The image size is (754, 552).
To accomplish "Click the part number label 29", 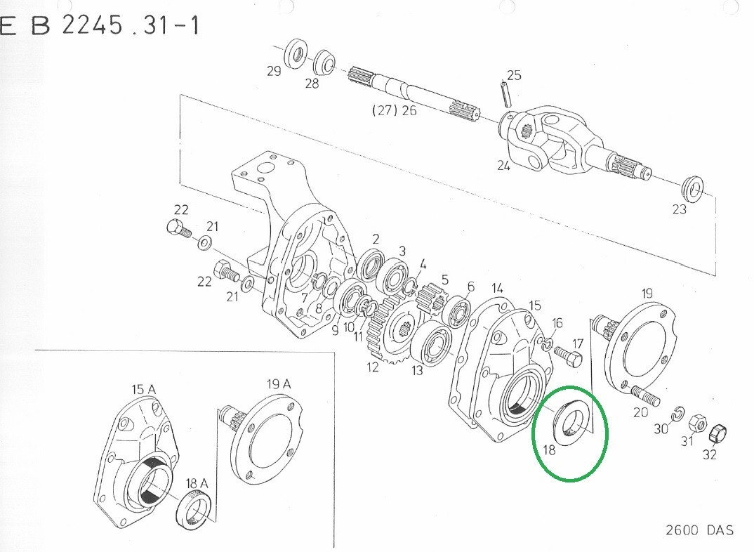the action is [x=274, y=71].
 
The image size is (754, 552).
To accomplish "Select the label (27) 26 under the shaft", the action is [x=395, y=110].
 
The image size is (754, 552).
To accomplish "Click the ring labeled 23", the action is [x=693, y=189].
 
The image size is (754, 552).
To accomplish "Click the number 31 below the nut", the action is [x=687, y=440].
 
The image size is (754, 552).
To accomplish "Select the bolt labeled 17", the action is [x=568, y=356].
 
